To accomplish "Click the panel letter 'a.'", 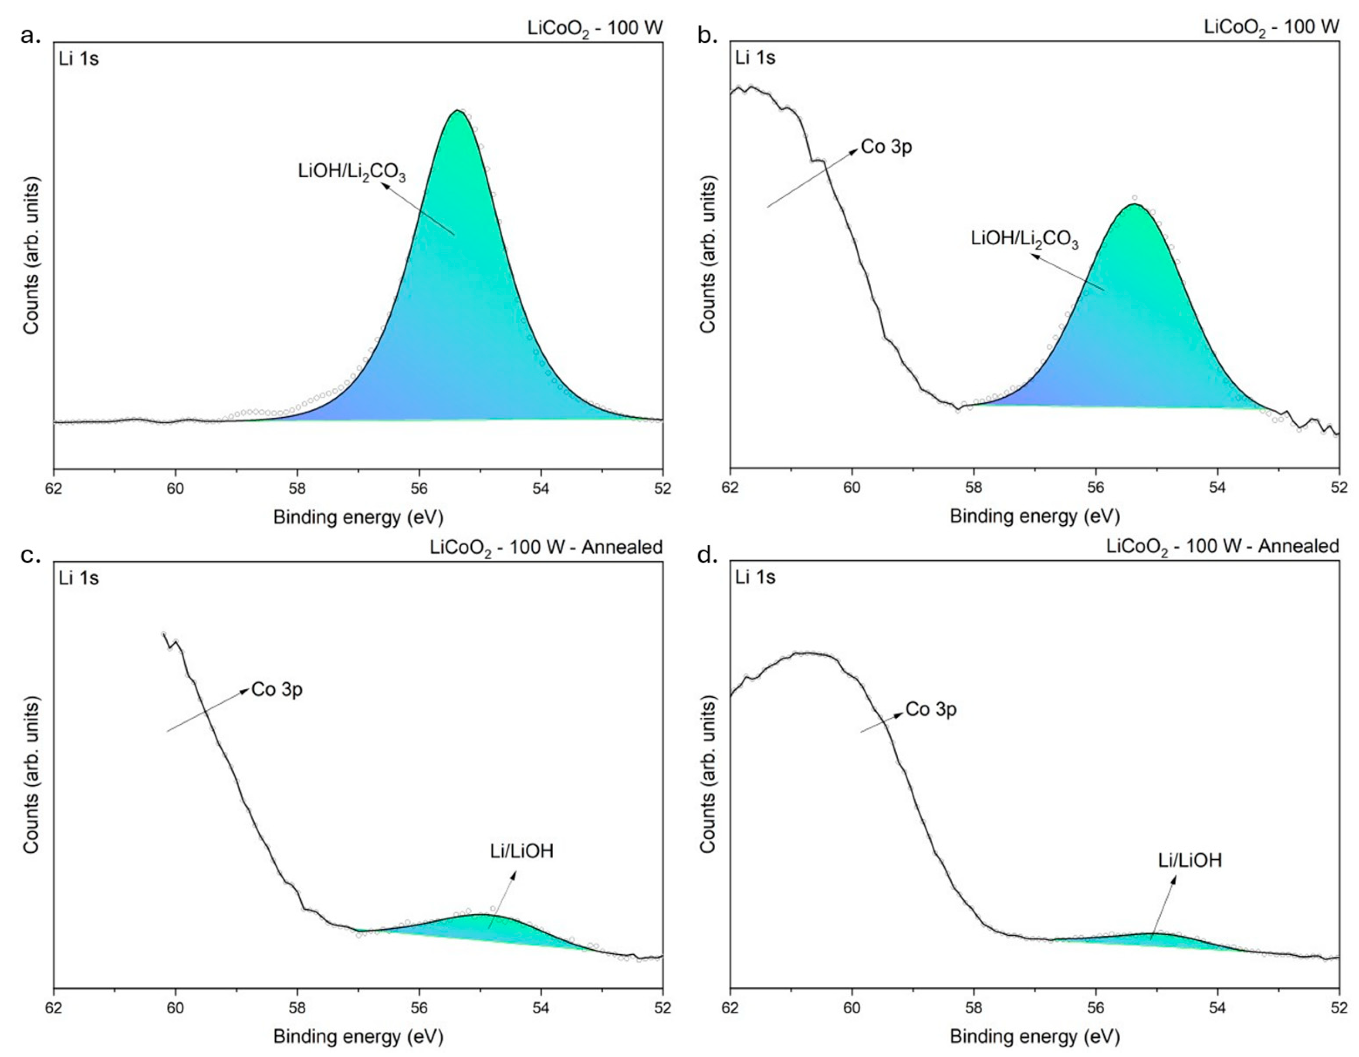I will pos(30,36).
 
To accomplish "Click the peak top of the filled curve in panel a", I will pos(457,111).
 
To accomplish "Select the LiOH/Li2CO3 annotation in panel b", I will pos(1024,240).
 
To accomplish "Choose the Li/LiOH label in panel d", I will pos(1190,861).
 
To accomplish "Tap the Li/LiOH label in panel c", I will pos(521,851).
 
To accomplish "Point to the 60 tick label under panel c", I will pos(176,1008).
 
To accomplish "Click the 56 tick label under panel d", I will pos(1096,1008).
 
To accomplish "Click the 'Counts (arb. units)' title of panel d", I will pos(708,774).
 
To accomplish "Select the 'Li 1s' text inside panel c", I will pos(78,578).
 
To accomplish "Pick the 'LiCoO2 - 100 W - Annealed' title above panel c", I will pos(546,547).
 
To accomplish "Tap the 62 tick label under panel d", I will pos(730,1008).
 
